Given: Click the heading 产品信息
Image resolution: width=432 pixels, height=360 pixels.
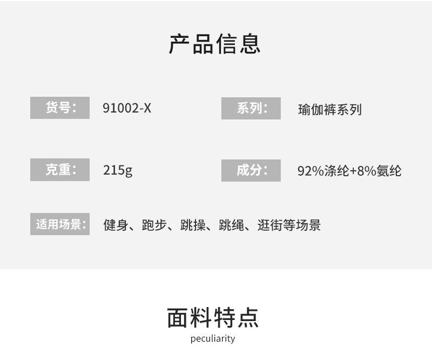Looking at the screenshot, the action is coord(215,44).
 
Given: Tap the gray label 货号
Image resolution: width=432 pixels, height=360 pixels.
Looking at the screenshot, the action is coord(60,108).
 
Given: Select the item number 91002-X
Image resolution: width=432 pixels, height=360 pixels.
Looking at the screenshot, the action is coord(127,108).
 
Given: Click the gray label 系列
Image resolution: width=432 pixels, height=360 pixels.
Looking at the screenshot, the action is coord(251,108).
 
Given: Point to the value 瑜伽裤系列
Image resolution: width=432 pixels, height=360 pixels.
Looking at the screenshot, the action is coord(329,110).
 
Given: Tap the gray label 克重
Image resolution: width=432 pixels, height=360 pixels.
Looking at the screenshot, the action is coord(60,170).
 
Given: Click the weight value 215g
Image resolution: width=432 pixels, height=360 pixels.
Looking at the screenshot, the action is coord(118,170).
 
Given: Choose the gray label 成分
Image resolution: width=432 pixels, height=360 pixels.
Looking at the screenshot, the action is coord(251,170).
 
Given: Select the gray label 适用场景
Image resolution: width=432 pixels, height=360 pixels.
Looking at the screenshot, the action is coord(60,224).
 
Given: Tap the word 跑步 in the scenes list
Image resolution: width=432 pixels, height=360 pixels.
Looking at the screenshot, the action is coord(154,225).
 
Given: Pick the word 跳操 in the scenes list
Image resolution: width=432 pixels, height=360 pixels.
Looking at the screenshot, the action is coord(193,225).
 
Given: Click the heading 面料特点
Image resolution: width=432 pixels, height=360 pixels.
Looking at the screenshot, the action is coord(213,317).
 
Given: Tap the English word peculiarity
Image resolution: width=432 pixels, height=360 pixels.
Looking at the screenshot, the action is coord(213,339).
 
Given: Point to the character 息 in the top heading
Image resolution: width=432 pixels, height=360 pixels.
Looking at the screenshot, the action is coord(250,44).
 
